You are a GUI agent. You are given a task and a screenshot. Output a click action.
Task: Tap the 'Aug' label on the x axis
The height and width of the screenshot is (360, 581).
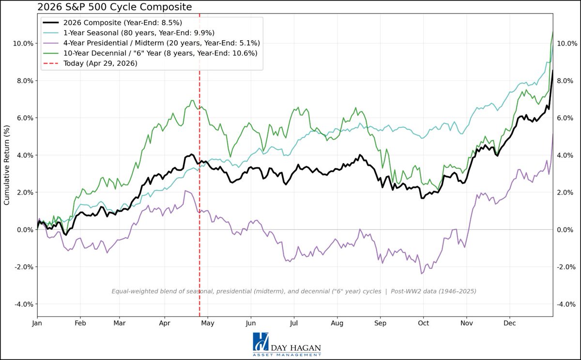336,323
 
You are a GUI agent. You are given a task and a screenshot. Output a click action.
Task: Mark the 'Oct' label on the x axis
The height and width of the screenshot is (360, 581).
424,323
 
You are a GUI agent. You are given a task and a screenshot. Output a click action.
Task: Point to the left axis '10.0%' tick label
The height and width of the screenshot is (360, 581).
23,43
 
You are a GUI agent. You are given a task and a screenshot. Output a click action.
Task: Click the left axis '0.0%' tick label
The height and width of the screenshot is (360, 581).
24,229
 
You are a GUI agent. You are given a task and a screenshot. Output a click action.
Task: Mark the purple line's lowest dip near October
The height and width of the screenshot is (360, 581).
422,274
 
